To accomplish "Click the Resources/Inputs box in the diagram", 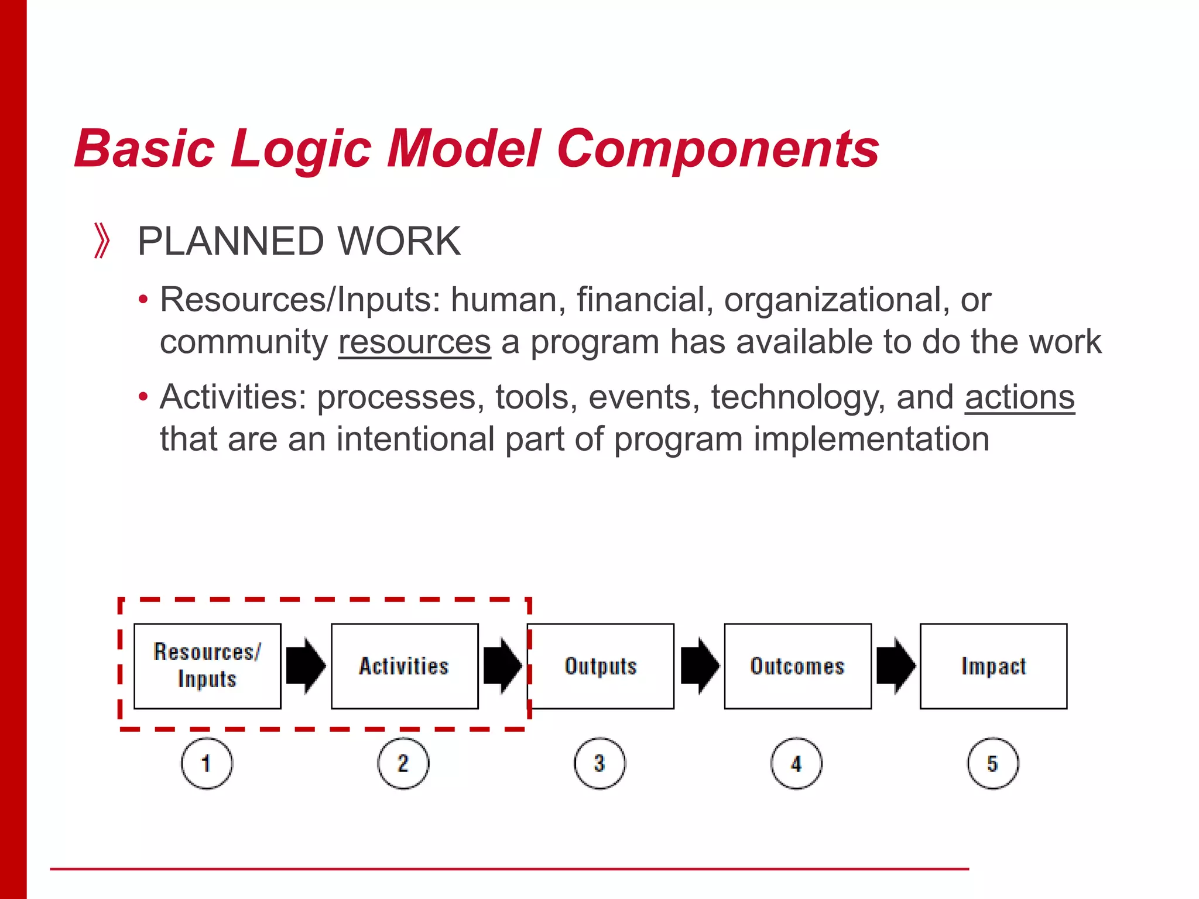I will coord(207,666).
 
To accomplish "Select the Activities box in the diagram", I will coord(405,666).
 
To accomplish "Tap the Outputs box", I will coord(601,666).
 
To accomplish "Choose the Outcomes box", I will coord(797,666).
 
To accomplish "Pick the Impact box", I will coord(994,666).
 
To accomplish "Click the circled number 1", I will coord(207,763).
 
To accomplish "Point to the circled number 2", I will coord(403,763).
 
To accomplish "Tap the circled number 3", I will coord(599,763).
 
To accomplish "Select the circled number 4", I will coord(796,763).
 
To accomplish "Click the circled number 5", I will coord(993,763).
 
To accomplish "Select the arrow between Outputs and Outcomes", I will coord(700,666).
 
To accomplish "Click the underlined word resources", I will coord(414,342).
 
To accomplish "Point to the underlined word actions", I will coord(1019,397).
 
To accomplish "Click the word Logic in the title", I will coord(301,149).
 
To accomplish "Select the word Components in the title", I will coord(718,149).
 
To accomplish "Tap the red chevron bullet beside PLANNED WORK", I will coord(102,241).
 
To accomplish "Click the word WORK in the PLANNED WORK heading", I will coord(399,241).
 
